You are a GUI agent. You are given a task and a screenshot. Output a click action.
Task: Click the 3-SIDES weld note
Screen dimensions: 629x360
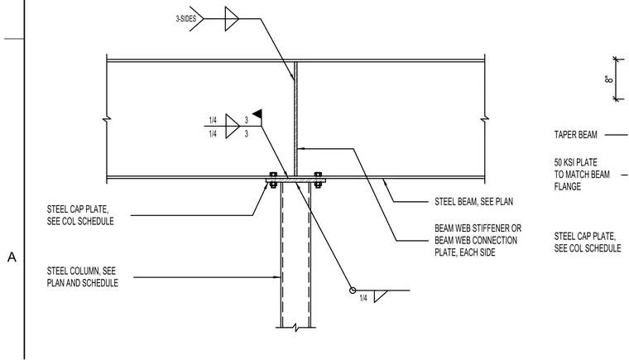click(x=185, y=18)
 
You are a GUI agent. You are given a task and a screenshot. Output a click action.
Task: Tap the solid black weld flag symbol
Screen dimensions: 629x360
click(x=257, y=113)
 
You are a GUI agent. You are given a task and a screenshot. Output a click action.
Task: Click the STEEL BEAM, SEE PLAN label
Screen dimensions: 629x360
click(x=473, y=201)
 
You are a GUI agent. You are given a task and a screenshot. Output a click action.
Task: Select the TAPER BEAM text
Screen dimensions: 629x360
click(x=576, y=135)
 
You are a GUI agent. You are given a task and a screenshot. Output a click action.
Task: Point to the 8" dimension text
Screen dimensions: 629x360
click(x=608, y=79)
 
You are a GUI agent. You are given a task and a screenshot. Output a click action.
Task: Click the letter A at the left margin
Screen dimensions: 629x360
click(x=12, y=257)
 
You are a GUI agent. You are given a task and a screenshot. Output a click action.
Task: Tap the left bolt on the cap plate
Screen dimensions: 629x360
click(x=273, y=180)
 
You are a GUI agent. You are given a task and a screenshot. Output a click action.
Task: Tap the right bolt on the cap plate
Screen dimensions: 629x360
click(x=318, y=180)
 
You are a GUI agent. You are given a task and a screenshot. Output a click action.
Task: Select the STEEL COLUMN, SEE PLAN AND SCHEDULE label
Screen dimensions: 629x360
click(x=82, y=277)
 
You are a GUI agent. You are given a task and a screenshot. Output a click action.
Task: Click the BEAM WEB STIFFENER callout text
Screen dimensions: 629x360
click(x=478, y=240)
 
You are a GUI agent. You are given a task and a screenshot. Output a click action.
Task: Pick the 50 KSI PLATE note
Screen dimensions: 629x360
click(x=582, y=174)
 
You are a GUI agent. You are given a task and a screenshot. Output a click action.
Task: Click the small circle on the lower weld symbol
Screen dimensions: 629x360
click(x=353, y=290)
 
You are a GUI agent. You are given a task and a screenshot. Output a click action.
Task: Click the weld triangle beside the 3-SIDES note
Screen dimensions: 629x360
click(x=232, y=18)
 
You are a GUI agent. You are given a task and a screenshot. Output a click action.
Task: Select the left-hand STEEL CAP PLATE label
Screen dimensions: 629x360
click(x=80, y=215)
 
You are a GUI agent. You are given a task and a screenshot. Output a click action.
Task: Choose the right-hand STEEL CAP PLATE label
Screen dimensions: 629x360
click(x=588, y=242)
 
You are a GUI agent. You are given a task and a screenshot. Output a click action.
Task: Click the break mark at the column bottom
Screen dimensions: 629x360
click(x=296, y=328)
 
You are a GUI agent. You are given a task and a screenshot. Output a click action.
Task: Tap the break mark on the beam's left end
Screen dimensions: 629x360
click(x=107, y=119)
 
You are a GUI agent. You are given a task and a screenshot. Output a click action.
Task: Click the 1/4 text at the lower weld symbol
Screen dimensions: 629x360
click(x=363, y=298)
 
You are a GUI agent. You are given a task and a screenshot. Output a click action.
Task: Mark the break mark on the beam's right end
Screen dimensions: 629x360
click(x=485, y=119)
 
